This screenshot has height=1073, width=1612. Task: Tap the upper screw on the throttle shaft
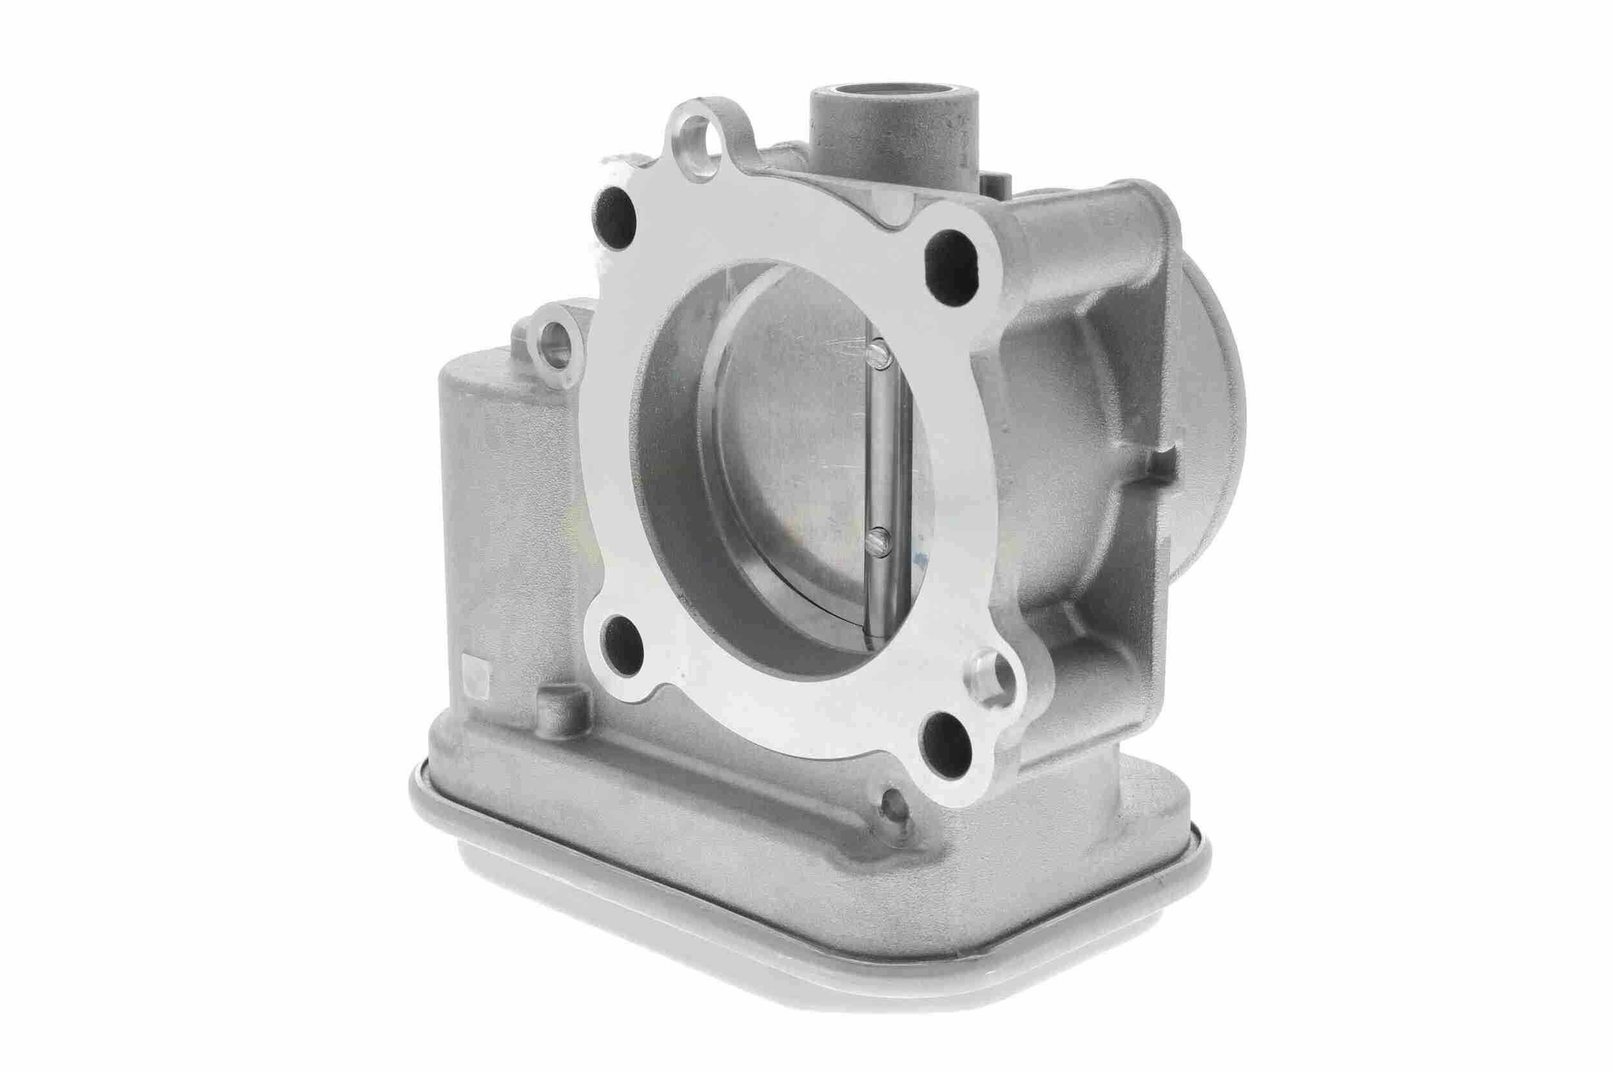[878, 354]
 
